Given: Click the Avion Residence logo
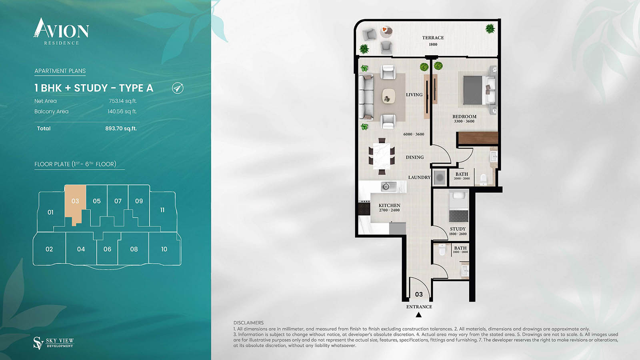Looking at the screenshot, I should click(61, 31).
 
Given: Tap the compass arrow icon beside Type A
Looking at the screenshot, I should click(178, 88).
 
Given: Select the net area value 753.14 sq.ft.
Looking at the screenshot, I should click(123, 101).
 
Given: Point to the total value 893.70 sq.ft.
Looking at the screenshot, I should click(121, 128).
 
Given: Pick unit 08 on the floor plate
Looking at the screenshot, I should click(134, 249).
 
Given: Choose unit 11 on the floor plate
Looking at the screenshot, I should click(162, 210).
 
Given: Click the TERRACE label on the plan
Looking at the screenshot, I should click(433, 38).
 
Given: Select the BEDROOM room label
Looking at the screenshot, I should click(464, 117).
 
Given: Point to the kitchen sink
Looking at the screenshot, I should click(386, 186).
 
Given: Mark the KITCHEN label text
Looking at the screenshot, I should click(389, 206).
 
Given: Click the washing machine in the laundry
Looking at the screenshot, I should click(440, 177).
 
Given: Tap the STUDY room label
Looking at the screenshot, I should click(458, 229).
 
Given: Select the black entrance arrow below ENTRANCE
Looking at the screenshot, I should click(418, 315).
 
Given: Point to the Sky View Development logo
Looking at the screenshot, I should click(54, 343).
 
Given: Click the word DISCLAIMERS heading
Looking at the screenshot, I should click(248, 323).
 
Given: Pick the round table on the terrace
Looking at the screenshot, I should click(386, 30).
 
